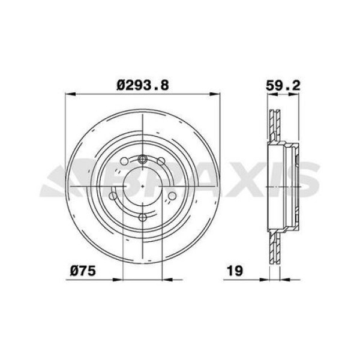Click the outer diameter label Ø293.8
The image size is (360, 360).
143,85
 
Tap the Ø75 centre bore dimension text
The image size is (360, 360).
82,271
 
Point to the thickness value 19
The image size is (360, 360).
234,271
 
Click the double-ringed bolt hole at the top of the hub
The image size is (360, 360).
143,159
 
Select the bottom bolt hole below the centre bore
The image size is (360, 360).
143,217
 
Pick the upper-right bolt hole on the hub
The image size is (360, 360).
161,161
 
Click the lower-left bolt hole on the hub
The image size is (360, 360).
114,195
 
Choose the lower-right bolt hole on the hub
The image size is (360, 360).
172,195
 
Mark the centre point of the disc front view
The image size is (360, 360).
143,187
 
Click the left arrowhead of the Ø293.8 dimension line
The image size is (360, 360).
68,94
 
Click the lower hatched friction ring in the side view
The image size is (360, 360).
275,247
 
